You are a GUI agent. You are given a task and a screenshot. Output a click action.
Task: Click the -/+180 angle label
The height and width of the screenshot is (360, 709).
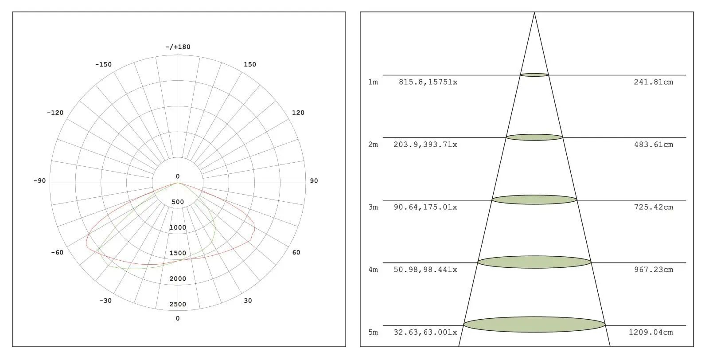point(178,47)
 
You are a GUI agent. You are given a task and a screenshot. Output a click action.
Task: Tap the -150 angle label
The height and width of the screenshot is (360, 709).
point(103,65)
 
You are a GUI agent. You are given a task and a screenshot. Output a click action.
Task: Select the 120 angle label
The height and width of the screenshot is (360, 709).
point(298,113)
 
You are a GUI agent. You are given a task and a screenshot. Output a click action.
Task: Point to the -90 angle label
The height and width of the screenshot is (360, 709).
point(39,181)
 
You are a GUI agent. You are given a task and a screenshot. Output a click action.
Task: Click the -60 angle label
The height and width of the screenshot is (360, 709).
point(57,253)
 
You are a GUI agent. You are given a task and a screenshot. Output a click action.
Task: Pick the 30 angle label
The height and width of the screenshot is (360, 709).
point(248,301)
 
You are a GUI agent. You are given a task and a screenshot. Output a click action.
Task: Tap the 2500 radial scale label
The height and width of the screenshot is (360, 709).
point(178,304)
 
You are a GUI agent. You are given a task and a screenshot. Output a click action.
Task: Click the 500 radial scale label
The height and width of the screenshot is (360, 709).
point(178,202)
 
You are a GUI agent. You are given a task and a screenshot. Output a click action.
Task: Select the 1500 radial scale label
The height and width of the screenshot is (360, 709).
point(178,253)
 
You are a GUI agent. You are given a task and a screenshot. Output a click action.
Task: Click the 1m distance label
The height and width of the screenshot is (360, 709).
point(373,82)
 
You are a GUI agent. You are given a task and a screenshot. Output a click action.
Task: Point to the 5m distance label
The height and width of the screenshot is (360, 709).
point(373,332)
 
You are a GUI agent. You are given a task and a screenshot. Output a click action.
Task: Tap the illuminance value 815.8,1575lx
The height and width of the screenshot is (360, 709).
point(428,82)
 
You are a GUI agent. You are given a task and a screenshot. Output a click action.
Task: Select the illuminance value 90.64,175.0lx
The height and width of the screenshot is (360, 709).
point(425,207)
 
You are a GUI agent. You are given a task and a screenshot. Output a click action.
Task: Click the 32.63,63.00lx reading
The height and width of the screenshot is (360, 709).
point(425,332)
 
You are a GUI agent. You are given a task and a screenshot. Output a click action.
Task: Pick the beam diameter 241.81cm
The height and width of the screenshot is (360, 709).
point(653,82)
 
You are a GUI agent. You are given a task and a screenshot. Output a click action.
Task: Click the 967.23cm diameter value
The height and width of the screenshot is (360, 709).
point(653,270)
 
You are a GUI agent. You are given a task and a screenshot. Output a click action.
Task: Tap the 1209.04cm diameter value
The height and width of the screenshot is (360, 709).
point(651,332)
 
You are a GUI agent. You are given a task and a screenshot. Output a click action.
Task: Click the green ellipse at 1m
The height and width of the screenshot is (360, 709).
point(534,75)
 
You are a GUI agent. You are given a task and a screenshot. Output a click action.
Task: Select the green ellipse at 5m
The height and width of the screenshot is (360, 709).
point(534,325)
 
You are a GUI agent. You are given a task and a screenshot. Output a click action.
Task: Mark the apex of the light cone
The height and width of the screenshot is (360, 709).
point(534,13)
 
